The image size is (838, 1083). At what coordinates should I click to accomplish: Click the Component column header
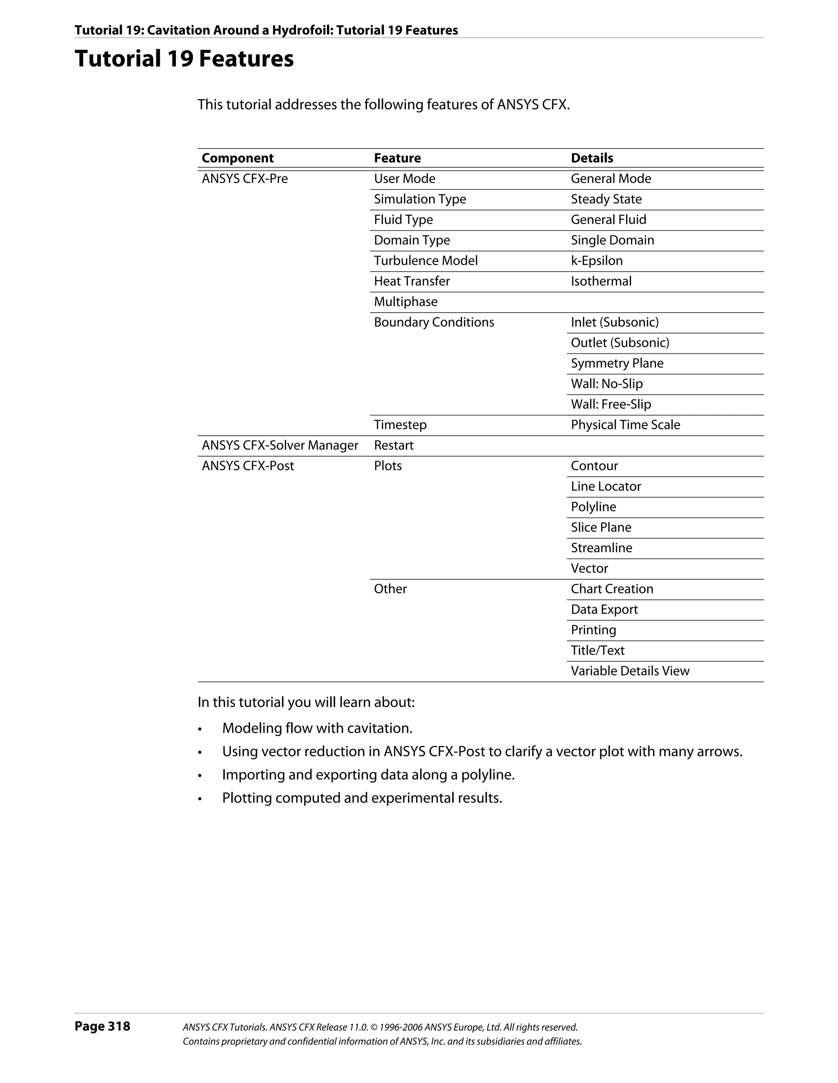(237, 158)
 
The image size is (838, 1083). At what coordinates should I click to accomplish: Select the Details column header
(592, 158)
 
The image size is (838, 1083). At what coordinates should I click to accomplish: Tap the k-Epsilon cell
(597, 261)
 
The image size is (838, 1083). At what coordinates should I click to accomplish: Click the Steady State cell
(606, 199)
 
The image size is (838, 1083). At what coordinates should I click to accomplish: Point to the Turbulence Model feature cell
(426, 261)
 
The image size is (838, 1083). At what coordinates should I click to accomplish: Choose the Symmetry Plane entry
(617, 363)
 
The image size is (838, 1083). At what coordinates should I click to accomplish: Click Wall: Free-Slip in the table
(610, 405)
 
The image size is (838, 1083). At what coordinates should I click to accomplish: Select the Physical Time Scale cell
(625, 425)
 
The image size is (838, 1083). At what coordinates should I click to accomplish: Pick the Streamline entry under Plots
(601, 548)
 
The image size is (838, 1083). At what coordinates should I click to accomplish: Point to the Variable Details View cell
(630, 671)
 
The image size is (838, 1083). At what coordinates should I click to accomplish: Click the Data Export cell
(604, 610)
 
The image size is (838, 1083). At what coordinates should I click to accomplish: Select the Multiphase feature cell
(405, 302)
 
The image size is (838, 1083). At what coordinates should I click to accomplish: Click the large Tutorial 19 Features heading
(184, 59)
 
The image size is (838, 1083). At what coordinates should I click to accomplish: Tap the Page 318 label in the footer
(102, 1026)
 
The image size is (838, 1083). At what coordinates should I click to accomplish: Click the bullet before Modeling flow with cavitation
(200, 730)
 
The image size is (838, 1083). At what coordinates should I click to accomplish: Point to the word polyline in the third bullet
(487, 775)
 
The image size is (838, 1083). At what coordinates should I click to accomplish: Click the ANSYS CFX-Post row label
(248, 466)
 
